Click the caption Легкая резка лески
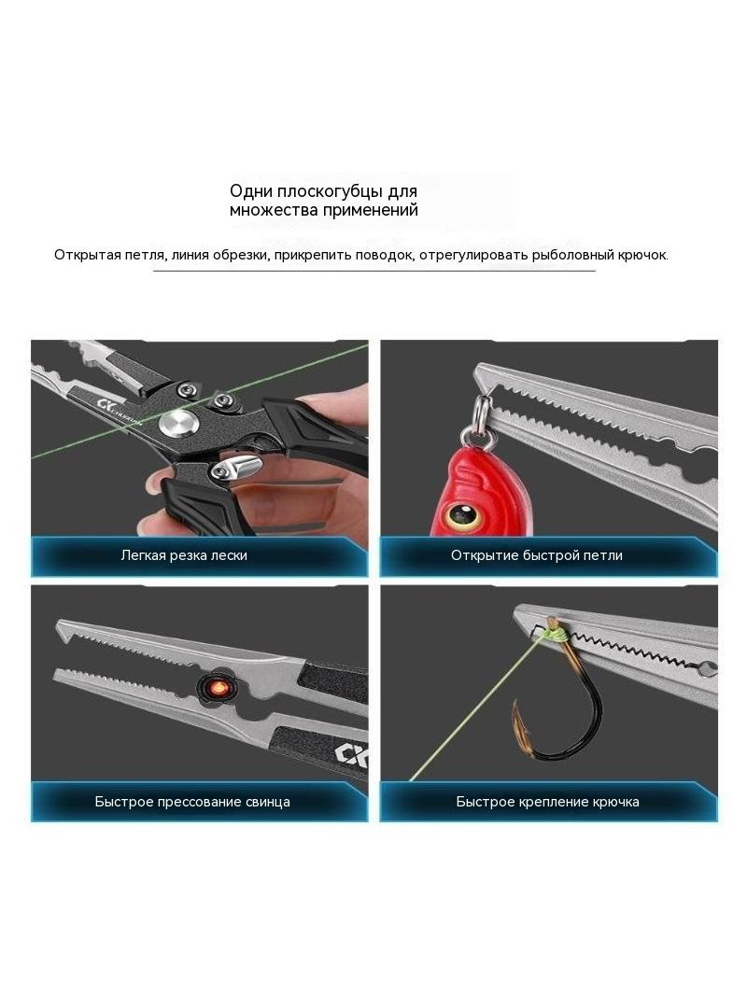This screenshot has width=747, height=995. [184, 555]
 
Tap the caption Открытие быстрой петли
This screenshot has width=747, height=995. [537, 555]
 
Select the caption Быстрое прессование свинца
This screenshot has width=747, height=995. [192, 802]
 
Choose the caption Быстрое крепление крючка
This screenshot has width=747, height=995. [548, 802]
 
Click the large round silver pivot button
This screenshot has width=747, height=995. [178, 423]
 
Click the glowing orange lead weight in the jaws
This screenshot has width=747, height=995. [216, 688]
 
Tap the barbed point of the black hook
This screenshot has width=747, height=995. [516, 708]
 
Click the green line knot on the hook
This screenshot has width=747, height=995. [555, 633]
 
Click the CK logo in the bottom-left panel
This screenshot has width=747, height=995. [352, 754]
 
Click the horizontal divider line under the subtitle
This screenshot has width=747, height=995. [373, 271]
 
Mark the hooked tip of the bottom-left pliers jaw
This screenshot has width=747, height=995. [62, 628]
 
